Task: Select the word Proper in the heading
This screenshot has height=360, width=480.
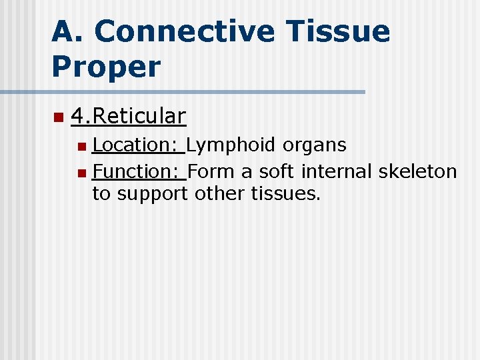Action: point(106,67)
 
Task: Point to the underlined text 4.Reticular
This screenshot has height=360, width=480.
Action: point(128,116)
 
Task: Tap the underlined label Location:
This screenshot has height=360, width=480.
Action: point(139,145)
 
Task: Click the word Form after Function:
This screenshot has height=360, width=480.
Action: point(212,171)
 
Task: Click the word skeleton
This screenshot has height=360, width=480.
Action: point(418,171)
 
